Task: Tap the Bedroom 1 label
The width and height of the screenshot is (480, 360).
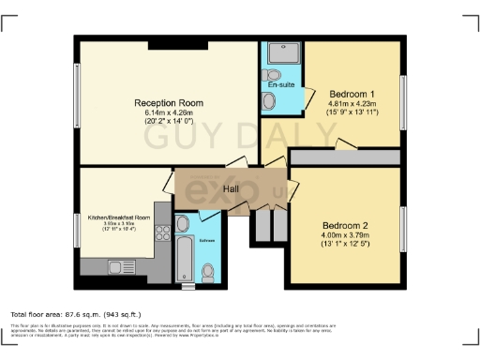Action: click(352, 94)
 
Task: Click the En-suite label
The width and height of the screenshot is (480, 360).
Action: click(281, 85)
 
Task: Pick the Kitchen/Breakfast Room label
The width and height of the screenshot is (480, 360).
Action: click(119, 217)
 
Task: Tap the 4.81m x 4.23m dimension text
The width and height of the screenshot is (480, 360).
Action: click(352, 104)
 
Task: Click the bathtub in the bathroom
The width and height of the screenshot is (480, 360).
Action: click(184, 255)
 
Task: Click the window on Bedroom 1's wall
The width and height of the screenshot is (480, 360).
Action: click(404, 97)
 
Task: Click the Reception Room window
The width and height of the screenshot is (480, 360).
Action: click(77, 99)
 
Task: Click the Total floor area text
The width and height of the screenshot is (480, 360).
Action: click(75, 314)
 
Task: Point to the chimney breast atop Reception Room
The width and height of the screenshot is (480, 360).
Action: click(172, 44)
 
